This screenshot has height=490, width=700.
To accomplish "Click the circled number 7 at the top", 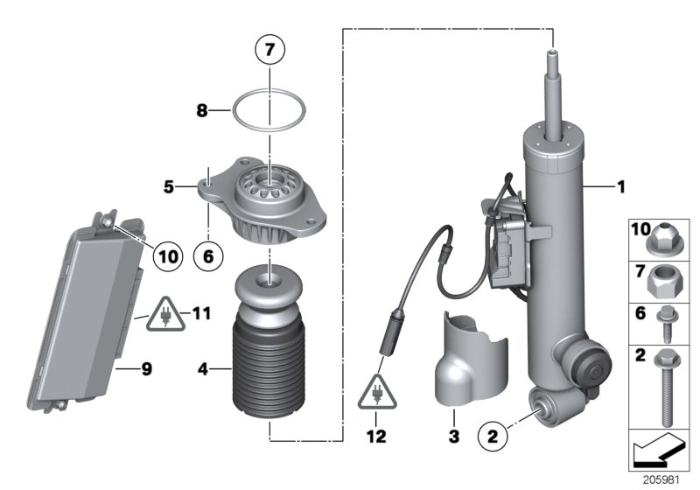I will (x=269, y=51).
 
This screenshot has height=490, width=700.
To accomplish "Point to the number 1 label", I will (x=620, y=186).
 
